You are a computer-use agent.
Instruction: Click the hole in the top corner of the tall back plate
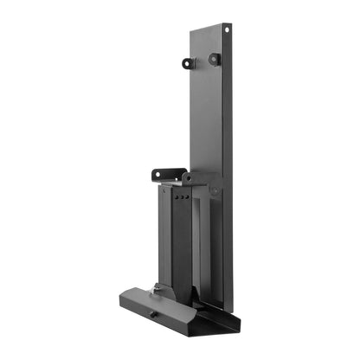[x=227, y=29]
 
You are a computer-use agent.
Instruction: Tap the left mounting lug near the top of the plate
[x=188, y=62]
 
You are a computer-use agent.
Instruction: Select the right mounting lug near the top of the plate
[x=214, y=59]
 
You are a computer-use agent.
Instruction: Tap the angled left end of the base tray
[x=126, y=299]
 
